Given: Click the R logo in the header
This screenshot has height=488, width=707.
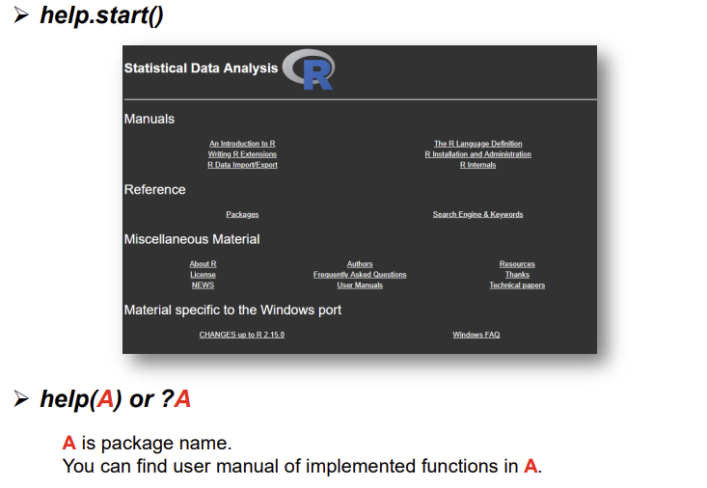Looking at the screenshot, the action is [x=310, y=69].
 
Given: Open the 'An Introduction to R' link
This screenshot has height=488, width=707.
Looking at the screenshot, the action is [x=242, y=144].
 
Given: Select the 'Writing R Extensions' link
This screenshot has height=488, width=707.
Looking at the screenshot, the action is [x=242, y=154].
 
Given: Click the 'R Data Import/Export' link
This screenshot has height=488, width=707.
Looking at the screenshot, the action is [x=242, y=165].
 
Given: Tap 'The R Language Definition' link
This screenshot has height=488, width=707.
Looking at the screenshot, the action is [x=477, y=144].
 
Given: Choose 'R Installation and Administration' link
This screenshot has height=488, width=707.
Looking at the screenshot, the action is [x=477, y=154].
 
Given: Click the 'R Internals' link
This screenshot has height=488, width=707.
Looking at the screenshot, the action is [x=477, y=165].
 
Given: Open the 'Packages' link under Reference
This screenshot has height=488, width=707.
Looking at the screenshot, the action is [x=242, y=214].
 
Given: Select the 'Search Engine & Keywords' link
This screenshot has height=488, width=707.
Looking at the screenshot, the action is [x=477, y=214].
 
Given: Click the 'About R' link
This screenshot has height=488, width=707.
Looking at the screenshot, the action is [x=203, y=264].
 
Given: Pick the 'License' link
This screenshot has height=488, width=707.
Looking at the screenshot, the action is [x=203, y=275].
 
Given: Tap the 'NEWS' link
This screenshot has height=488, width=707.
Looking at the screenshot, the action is [x=203, y=285].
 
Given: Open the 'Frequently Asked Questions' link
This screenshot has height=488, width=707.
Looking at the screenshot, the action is [x=360, y=275].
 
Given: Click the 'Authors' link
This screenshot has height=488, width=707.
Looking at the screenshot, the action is [x=360, y=264].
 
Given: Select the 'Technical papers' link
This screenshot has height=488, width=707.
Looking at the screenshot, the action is [x=517, y=285].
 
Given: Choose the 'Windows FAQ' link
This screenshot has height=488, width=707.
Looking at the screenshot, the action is [x=476, y=335].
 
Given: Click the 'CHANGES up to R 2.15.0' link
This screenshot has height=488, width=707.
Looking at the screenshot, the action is [x=241, y=335].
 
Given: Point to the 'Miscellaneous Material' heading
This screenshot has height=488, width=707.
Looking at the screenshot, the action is [x=192, y=239].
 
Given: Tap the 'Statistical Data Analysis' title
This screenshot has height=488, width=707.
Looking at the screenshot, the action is [x=201, y=68].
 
